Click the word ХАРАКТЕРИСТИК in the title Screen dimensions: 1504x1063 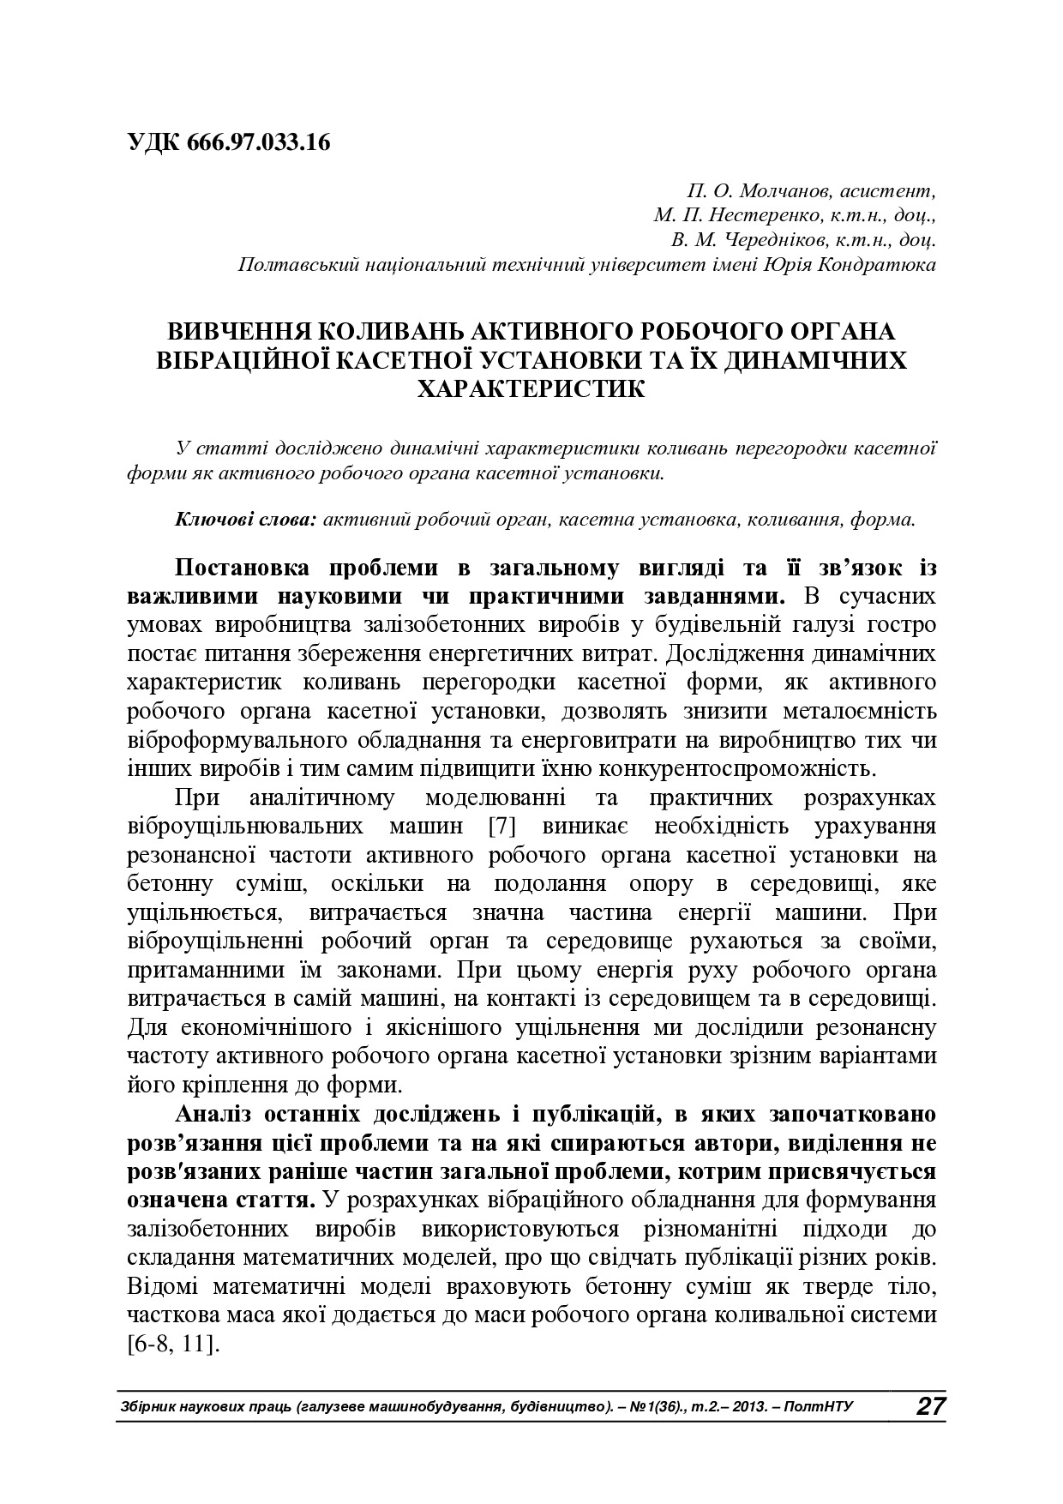click(531, 388)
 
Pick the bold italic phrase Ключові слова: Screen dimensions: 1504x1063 click(247, 520)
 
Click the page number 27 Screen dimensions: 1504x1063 click(929, 1407)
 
